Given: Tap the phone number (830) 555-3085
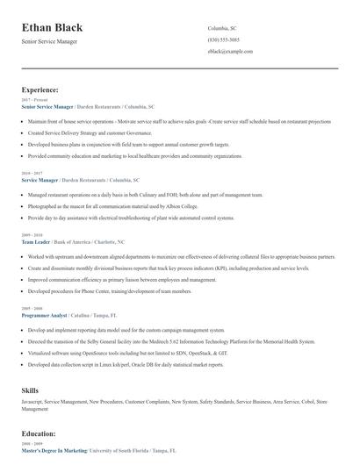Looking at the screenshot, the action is [x=224, y=40].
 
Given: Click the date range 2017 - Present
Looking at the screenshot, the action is [x=32, y=100].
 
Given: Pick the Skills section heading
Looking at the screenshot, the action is [x=30, y=389].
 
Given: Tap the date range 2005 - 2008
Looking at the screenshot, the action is [x=31, y=309].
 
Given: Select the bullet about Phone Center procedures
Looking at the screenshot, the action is [x=110, y=290].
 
